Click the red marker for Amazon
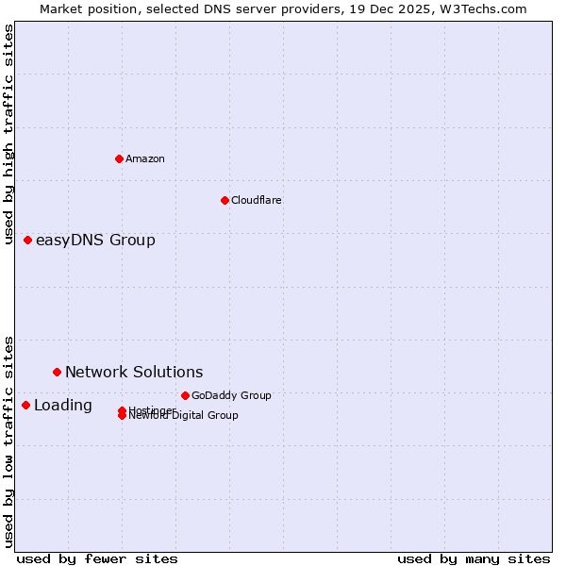[x=119, y=158]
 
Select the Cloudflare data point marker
[x=225, y=200]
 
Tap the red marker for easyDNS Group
[x=28, y=241]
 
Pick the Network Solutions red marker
[x=57, y=373]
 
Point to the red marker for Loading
[x=25, y=405]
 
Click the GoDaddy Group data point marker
[x=185, y=395]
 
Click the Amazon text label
[x=145, y=158]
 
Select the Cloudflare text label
[x=257, y=200]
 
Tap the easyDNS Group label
[x=95, y=241]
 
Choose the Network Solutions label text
[x=134, y=373]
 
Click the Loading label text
[x=63, y=406]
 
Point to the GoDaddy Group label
[x=231, y=395]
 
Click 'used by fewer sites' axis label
[x=97, y=558]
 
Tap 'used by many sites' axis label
[x=474, y=558]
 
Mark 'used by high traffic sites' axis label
[x=9, y=134]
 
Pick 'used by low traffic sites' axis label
[x=9, y=441]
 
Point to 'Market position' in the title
[x=83, y=8]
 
